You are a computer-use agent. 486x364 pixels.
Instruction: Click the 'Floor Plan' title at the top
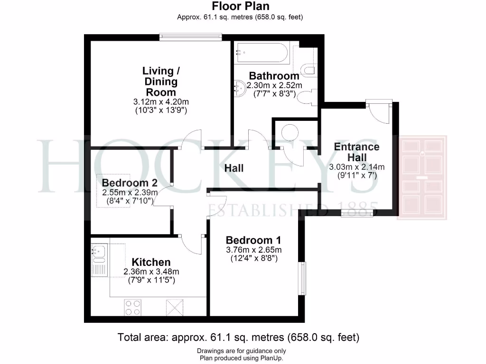tap(240, 6)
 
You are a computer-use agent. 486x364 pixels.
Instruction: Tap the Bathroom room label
tap(274, 76)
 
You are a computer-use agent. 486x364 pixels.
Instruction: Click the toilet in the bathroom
tap(307, 70)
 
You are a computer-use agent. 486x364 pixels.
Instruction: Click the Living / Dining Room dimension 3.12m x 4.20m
tap(161, 102)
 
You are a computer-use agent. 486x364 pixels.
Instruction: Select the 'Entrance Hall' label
tap(356, 152)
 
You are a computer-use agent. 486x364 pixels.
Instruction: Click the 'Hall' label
tap(234, 168)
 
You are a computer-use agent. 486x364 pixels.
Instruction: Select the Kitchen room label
tap(151, 262)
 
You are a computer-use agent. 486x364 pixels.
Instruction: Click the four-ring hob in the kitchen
tap(133, 308)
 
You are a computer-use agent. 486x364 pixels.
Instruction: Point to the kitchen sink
tap(100, 253)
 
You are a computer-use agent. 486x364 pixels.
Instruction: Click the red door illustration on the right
tap(422, 178)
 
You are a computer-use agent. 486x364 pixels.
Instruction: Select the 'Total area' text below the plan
tap(238, 338)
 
